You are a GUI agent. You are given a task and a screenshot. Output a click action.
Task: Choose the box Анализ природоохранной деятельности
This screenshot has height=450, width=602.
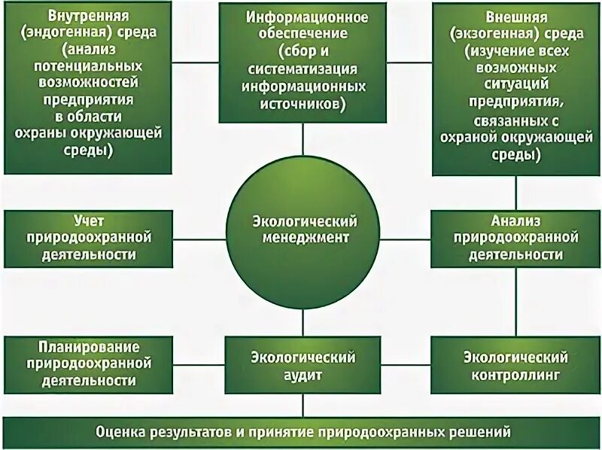point(515,237)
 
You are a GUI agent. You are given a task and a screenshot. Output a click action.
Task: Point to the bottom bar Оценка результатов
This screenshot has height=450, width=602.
point(301,433)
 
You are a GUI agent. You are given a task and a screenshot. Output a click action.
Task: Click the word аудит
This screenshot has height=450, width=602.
point(303,373)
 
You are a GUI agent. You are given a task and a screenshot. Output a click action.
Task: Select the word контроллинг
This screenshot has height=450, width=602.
point(515,373)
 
